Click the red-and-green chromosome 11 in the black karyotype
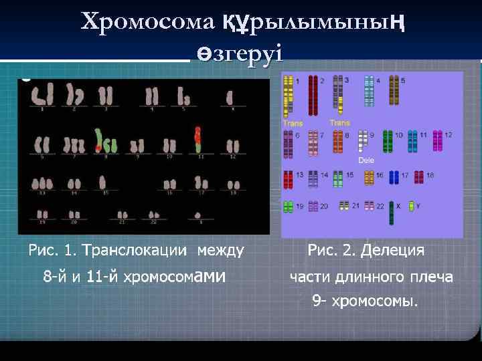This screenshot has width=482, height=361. [x=197, y=138]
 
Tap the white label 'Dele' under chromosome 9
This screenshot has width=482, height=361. [x=366, y=160]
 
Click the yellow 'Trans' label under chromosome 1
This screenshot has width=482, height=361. [x=293, y=123]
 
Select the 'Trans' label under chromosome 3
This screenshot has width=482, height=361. [x=339, y=123]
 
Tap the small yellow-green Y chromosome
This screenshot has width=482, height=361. [x=410, y=206]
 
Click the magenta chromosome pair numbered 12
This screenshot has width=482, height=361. [x=438, y=140]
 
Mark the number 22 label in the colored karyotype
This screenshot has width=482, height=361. [x=380, y=205]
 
